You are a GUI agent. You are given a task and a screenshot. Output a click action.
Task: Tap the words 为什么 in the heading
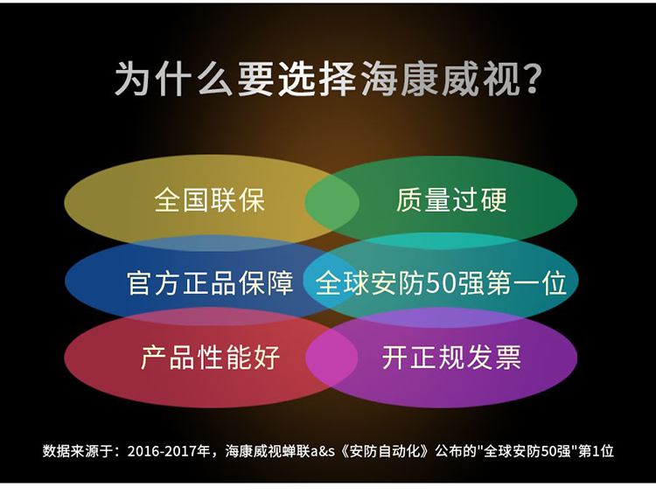174,79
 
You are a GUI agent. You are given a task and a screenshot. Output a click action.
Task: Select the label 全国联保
209,200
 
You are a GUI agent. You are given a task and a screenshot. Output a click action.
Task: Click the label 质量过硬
451,200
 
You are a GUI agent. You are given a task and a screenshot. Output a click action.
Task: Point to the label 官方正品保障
210,282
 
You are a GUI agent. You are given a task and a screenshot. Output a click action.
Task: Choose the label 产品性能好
210,358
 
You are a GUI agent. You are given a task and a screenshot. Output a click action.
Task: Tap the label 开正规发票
451,358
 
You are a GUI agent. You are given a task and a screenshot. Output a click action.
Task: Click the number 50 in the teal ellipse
442,283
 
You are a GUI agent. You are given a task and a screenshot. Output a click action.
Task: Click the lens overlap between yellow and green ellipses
331,203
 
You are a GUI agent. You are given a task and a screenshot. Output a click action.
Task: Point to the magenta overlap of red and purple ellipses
331,358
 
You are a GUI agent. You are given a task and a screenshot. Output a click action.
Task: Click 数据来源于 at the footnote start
77,451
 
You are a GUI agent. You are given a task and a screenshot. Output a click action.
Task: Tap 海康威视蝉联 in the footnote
268,451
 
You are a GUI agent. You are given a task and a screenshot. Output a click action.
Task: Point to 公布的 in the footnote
456,451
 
